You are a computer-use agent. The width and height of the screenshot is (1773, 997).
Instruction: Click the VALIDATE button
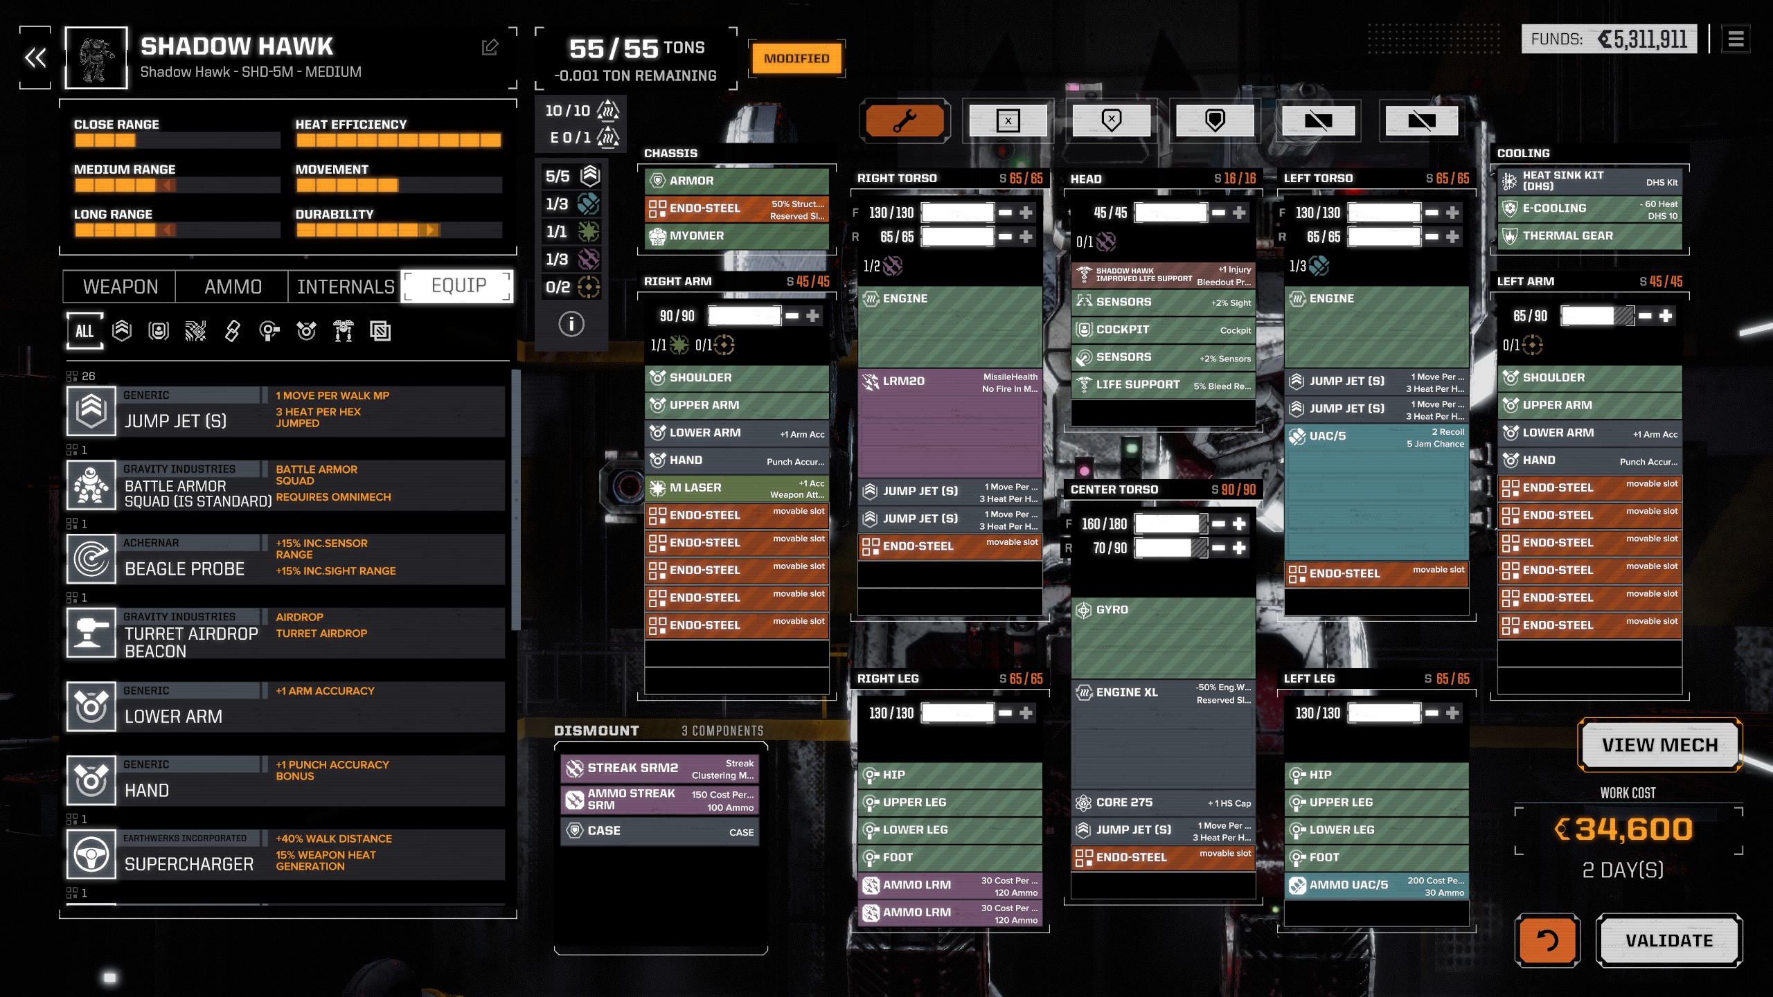[1668, 940]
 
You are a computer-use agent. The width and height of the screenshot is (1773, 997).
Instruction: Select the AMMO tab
[233, 287]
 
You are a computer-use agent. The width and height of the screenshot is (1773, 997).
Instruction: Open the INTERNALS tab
[345, 287]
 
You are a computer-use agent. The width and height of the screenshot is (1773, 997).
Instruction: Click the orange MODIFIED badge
[796, 59]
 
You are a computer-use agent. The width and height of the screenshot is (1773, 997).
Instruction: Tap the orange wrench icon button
[905, 121]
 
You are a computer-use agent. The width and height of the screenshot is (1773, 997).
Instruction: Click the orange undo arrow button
[1547, 940]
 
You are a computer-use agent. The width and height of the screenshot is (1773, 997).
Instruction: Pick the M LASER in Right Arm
[736, 488]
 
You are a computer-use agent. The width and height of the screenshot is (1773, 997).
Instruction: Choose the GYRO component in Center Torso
[1163, 637]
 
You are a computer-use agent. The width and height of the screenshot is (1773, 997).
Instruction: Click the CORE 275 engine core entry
[1163, 802]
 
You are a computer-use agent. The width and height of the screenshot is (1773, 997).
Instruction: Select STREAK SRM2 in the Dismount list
[659, 769]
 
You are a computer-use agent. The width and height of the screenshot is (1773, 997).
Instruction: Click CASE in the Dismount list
[659, 831]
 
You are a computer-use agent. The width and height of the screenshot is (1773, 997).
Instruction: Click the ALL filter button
[84, 331]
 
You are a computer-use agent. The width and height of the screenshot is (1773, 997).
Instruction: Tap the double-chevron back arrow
[35, 58]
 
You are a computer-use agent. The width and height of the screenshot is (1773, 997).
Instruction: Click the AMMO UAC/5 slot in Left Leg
[1376, 886]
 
